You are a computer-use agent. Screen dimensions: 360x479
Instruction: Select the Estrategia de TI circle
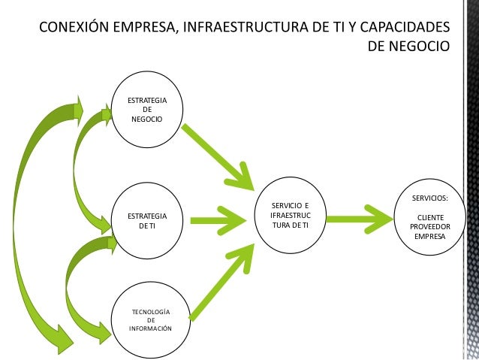pyautogui.click(x=146, y=220)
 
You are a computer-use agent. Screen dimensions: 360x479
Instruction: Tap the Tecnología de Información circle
pyautogui.click(x=150, y=319)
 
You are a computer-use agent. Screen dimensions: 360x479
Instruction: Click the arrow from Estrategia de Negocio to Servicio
pyautogui.click(x=215, y=155)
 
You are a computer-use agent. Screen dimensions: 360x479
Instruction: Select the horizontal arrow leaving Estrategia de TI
pyautogui.click(x=218, y=219)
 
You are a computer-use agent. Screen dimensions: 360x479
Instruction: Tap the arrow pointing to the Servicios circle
pyautogui.click(x=361, y=219)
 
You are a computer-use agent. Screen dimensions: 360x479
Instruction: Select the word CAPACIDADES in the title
pyautogui.click(x=403, y=28)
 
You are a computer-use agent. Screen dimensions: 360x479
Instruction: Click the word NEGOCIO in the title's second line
pyautogui.click(x=417, y=47)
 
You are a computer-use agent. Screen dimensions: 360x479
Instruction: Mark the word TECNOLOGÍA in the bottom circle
pyautogui.click(x=150, y=311)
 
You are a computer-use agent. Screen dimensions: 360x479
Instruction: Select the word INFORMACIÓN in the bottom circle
pyautogui.click(x=150, y=328)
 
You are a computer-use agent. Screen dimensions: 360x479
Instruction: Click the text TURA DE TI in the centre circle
pyautogui.click(x=290, y=225)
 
